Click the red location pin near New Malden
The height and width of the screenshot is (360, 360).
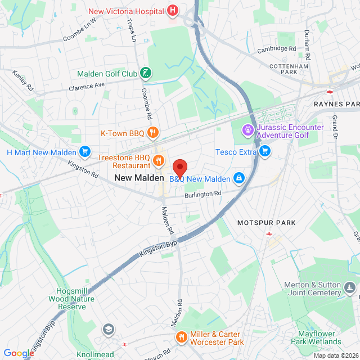179,168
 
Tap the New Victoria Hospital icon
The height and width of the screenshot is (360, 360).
173,11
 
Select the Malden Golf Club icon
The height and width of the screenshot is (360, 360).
146,73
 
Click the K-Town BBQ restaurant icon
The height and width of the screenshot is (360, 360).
152,133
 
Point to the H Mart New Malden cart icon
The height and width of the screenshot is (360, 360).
85,152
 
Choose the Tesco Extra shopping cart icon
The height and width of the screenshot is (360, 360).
265,151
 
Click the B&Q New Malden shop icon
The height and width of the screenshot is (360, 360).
239,179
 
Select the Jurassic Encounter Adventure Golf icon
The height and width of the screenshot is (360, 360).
247,131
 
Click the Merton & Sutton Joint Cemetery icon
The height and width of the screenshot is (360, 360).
350,289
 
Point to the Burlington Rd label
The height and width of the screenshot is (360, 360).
203,194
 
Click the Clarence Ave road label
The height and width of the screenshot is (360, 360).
87,87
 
